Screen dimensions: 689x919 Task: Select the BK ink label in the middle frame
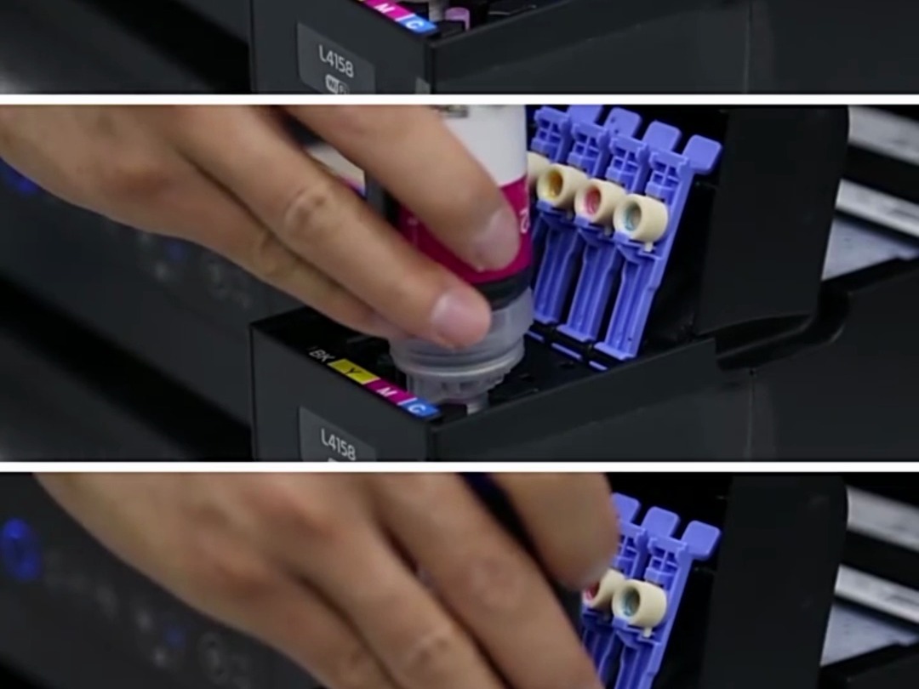(321, 354)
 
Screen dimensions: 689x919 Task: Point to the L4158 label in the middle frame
(337, 443)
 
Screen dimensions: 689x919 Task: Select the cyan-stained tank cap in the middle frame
(639, 219)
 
